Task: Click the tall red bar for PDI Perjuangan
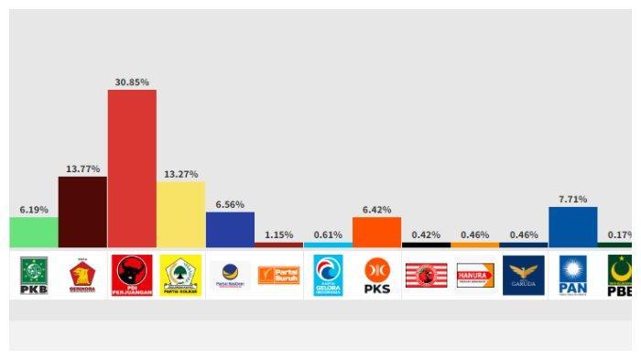[x=132, y=169]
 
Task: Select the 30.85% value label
[x=132, y=82]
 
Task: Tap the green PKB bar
[x=34, y=232]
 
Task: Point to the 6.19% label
[x=34, y=210]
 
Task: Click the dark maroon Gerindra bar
[x=82, y=212]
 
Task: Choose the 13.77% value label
[x=82, y=169]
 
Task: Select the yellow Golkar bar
[x=180, y=214]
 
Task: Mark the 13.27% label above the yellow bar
[x=180, y=174]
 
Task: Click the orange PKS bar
[x=376, y=232]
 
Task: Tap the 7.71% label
[x=572, y=199]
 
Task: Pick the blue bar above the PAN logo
[x=572, y=227]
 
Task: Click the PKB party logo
[x=34, y=275]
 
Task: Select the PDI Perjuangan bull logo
[x=132, y=275]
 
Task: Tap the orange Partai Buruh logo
[x=278, y=275]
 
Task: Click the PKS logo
[x=376, y=275]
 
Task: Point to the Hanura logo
[x=474, y=275]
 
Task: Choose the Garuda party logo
[x=524, y=275]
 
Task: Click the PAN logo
[x=572, y=275]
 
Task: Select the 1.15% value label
[x=278, y=235]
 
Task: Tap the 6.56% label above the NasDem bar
[x=230, y=204]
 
